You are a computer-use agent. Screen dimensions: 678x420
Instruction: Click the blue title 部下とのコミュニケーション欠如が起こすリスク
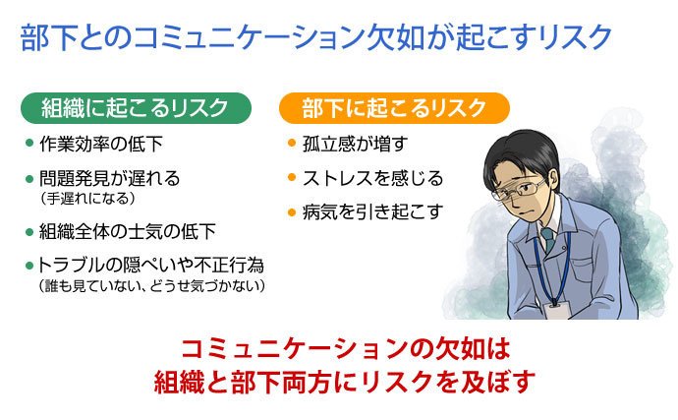click(x=316, y=37)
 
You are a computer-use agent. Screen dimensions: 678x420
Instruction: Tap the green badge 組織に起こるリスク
click(x=136, y=108)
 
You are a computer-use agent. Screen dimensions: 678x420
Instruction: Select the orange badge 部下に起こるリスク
click(x=394, y=108)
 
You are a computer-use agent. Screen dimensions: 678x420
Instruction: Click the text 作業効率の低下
click(x=101, y=144)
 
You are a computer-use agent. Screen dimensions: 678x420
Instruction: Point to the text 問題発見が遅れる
click(x=109, y=178)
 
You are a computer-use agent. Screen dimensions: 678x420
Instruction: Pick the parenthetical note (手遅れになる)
click(x=87, y=199)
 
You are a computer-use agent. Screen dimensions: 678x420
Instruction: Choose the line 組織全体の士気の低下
click(x=128, y=231)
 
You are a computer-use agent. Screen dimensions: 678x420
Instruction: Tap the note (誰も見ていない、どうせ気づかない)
click(x=151, y=286)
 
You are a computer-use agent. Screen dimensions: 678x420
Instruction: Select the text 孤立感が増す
click(x=355, y=144)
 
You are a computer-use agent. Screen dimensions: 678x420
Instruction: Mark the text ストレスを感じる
click(x=372, y=178)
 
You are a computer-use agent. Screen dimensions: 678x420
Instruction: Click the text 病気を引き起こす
click(x=372, y=211)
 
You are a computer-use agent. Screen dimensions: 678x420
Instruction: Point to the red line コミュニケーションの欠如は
click(x=346, y=349)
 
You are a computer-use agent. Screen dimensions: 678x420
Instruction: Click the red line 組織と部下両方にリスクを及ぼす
click(x=345, y=382)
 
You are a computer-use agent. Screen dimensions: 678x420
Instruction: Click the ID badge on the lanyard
click(x=555, y=310)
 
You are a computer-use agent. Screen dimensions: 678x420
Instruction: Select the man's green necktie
click(x=548, y=239)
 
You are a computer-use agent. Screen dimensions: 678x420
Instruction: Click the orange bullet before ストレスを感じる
click(x=292, y=177)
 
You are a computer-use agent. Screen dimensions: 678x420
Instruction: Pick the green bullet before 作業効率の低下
click(x=29, y=143)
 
